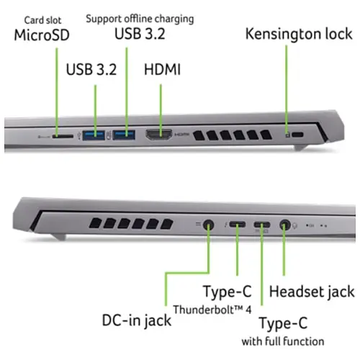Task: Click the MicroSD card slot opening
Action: [63, 136]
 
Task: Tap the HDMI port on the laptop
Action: [159, 135]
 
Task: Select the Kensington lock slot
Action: [298, 135]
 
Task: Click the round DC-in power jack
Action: [208, 225]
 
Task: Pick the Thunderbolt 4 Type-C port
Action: [238, 225]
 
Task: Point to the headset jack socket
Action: [284, 225]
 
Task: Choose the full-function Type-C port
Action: [262, 225]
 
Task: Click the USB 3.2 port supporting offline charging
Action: [124, 135]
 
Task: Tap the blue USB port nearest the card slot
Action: [94, 135]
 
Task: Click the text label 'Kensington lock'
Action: [299, 34]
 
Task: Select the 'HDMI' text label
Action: [162, 69]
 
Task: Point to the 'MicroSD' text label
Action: [42, 35]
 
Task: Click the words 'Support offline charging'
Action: [140, 19]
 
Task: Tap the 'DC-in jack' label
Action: [137, 320]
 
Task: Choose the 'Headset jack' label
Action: [312, 292]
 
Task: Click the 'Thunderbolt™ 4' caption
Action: [212, 310]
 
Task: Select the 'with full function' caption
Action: [283, 341]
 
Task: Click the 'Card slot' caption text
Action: [42, 20]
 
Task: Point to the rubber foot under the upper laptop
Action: [300, 148]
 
